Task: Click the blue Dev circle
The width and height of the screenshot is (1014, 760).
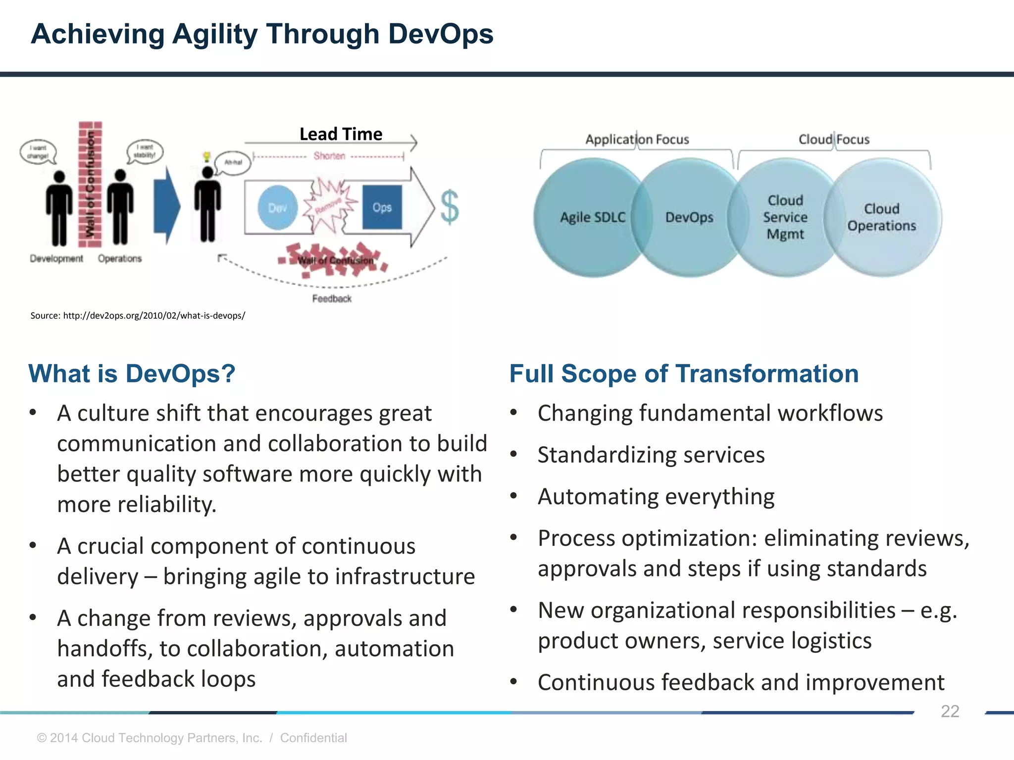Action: pos(277,207)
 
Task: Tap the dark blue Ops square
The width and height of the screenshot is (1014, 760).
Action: pos(382,207)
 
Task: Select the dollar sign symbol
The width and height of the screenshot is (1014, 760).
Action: pos(450,208)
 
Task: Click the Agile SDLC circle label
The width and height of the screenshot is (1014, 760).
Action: pos(593,217)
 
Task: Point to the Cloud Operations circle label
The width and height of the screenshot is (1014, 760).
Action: pos(881,217)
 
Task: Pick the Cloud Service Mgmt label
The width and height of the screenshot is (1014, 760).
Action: pos(785,217)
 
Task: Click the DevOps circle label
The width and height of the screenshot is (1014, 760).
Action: pos(689,217)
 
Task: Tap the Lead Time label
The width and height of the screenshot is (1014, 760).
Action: pos(341,134)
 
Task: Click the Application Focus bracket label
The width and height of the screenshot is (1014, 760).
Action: pos(637,140)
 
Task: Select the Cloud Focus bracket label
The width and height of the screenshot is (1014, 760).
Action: pos(834,140)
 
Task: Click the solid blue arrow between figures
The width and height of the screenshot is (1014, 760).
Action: pos(166,206)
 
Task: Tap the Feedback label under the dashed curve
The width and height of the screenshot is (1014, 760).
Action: pos(332,298)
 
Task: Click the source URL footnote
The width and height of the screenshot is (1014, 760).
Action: pos(138,316)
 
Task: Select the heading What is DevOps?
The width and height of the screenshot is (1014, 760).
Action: pos(132,374)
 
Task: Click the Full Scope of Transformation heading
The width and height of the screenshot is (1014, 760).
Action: pos(684,374)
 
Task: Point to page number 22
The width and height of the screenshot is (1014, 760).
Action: pos(950,711)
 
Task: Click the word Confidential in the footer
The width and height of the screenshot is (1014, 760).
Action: pos(313,738)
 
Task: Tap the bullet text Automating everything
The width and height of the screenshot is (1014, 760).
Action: pos(656,496)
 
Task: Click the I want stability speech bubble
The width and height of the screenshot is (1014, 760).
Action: pos(145,151)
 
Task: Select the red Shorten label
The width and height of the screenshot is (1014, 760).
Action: pos(329,156)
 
